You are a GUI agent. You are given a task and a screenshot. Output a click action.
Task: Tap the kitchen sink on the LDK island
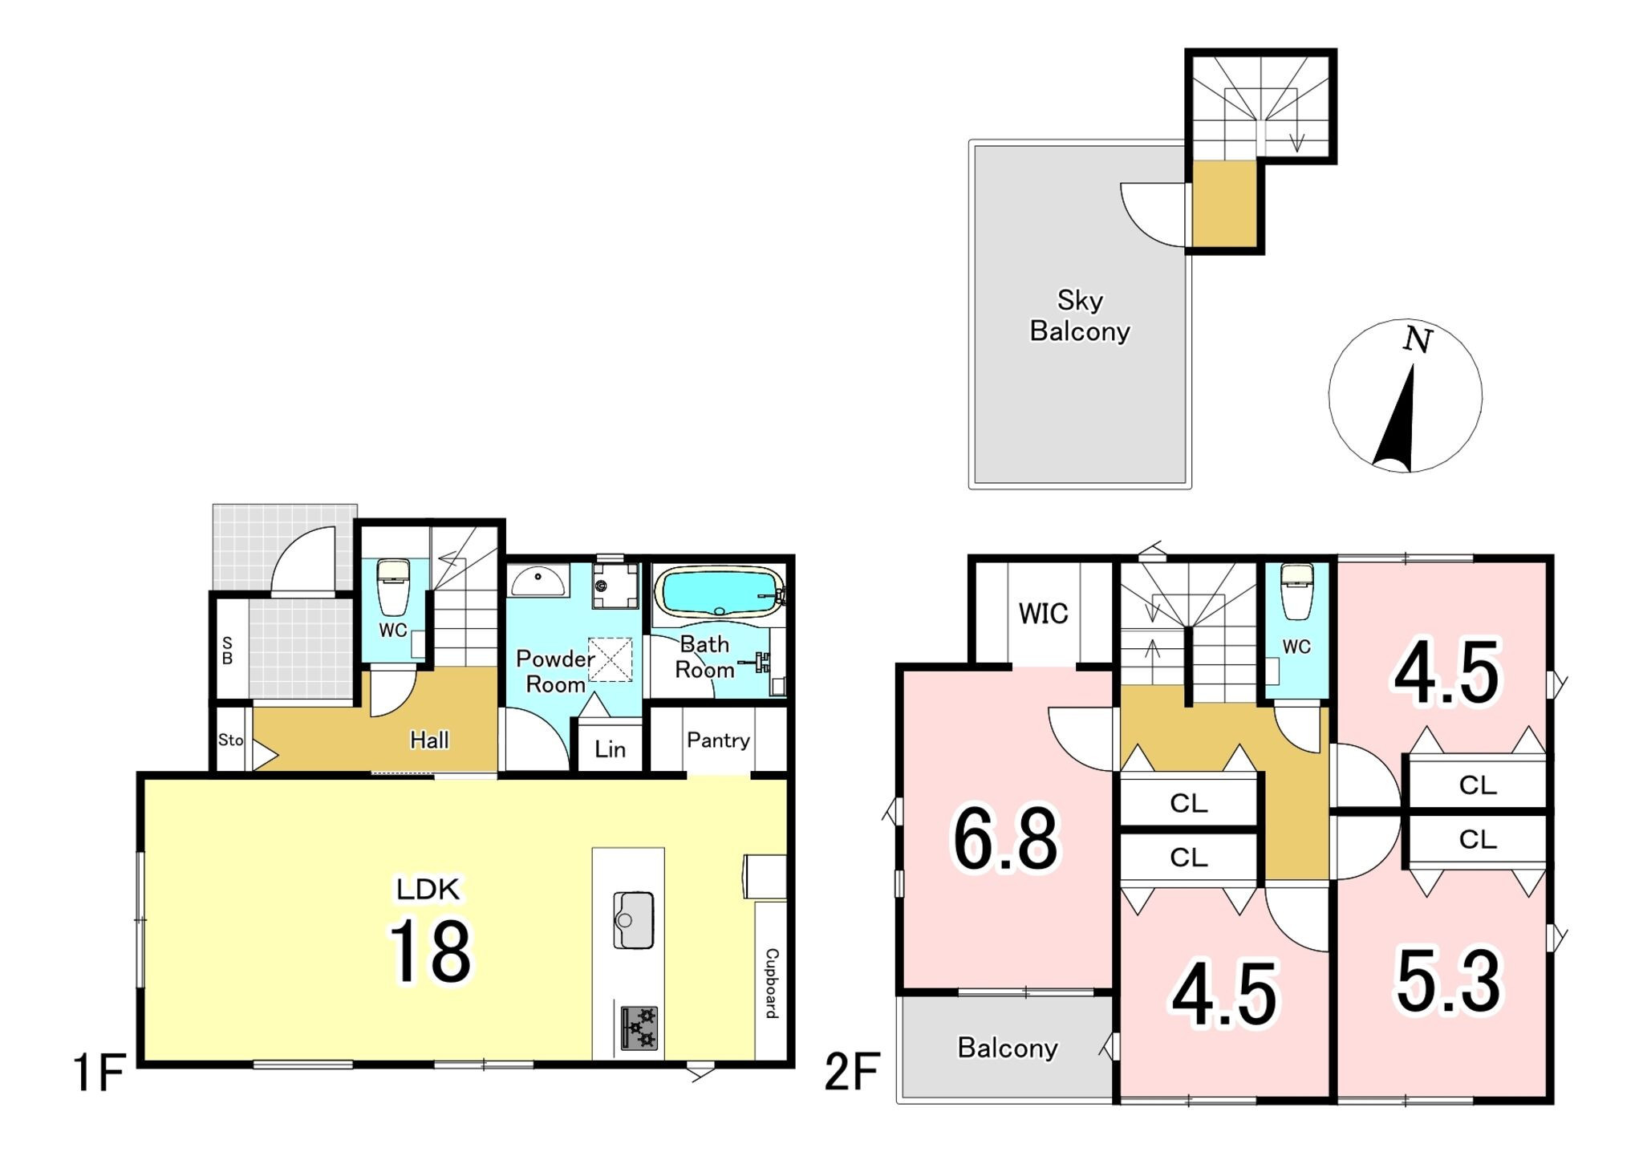(634, 920)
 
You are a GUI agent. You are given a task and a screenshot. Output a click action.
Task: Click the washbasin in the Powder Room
(538, 581)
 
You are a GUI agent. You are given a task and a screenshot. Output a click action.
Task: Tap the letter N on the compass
(1418, 340)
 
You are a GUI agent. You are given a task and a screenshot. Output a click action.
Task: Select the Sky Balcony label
(1080, 315)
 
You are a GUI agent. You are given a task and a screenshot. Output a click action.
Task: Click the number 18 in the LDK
(431, 951)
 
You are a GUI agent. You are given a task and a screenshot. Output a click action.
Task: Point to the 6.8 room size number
(1005, 840)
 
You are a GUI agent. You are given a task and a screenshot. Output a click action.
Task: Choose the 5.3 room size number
(1448, 981)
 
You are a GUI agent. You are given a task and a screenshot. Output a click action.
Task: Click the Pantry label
(718, 740)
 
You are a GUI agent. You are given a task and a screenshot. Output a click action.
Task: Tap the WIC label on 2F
(1043, 614)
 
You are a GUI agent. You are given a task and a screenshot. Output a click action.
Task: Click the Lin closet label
(610, 749)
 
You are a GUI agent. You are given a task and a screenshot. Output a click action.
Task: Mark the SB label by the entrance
(227, 651)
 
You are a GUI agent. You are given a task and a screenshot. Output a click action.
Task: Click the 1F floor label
(99, 1073)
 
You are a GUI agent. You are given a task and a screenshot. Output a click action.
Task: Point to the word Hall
(429, 740)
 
